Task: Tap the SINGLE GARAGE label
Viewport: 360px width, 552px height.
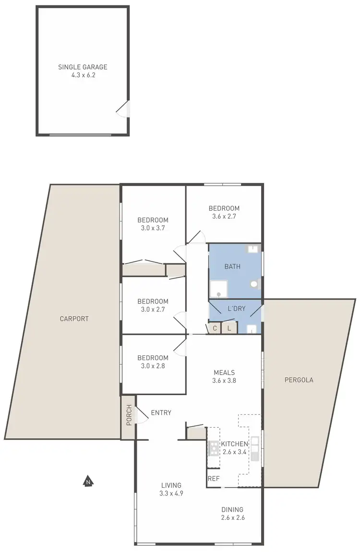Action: coord(83,67)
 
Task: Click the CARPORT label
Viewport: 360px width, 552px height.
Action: coord(74,318)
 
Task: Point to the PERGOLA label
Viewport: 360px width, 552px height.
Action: coord(299,380)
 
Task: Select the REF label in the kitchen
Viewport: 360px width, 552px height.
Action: coord(214,479)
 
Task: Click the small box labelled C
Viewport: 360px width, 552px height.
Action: coord(215,329)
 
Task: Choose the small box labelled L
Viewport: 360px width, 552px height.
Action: coord(229,329)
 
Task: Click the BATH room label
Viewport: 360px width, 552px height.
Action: coord(232,267)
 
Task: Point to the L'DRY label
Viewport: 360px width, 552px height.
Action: coord(236,309)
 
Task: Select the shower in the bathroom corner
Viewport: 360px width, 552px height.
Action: coord(218,289)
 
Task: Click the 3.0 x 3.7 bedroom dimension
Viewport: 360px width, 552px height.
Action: coord(153,228)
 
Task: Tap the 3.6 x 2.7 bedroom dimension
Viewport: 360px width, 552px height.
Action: coord(224,216)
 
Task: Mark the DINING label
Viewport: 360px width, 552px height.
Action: coord(232,509)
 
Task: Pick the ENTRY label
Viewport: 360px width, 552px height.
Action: coord(161,412)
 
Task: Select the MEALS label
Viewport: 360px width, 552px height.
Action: coord(224,372)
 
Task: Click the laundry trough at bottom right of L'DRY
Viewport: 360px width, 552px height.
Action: coord(252,329)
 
